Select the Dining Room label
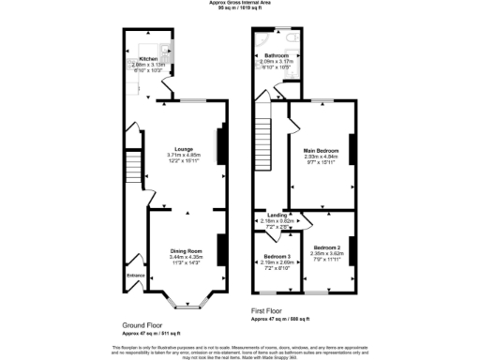tap(186, 251)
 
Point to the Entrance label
tap(136, 276)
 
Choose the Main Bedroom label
tap(321, 149)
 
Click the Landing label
tap(277, 215)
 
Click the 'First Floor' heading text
tap(268, 310)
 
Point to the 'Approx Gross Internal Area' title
tap(240, 4)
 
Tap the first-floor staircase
tap(264, 142)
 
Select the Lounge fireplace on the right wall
tap(221, 146)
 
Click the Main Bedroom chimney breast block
tap(352, 150)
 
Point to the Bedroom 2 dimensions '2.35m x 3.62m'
tap(328, 253)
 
